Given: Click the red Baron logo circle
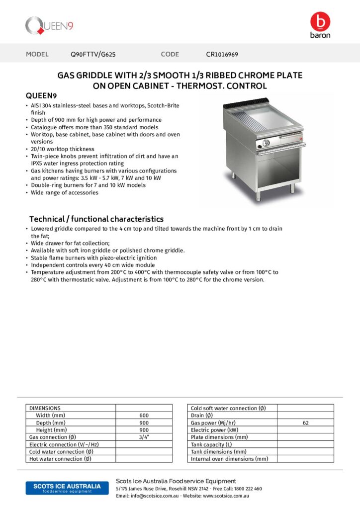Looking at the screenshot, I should point(320,21).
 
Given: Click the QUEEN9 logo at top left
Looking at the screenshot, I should point(49,26).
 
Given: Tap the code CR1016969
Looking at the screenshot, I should point(222,54).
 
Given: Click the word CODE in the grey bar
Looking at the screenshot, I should point(170,54).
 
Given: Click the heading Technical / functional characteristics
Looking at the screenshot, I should point(96,219).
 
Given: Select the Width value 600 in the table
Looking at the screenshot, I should point(144,416).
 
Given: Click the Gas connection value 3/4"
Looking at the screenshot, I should point(144,437).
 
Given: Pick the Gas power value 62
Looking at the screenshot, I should point(305,423).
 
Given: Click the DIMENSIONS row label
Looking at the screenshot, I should point(45,408).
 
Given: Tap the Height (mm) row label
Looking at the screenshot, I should point(51,430).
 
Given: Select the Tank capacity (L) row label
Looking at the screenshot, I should point(211,444).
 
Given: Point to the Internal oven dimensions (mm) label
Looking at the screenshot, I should point(229,459).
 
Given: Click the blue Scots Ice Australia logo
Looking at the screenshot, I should point(64,488).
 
